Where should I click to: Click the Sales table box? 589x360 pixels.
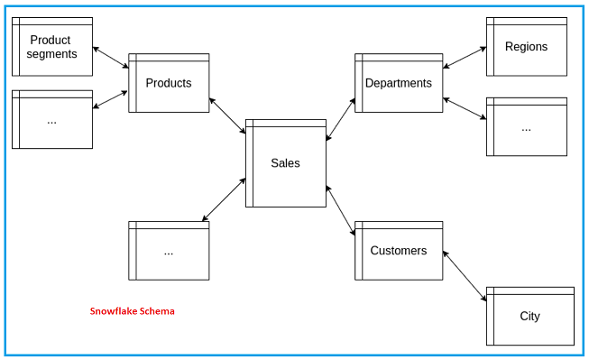tap(286, 163)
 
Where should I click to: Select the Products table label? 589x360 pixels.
tap(169, 83)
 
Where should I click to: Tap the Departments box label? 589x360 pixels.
tap(398, 83)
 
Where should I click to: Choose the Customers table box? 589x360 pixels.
tap(398, 251)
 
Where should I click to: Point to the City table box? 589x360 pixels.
tap(529, 316)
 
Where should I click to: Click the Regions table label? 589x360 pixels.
tap(526, 47)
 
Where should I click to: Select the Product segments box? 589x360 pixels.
tap(51, 47)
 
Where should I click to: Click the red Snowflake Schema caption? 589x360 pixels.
tap(132, 311)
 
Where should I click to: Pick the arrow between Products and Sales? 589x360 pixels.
tap(227, 115)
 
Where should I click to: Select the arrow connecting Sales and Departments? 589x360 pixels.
tap(341, 119)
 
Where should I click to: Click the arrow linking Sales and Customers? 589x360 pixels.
tap(341, 212)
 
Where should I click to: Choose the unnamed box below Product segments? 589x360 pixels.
tap(51, 119)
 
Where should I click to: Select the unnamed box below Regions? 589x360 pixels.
tap(526, 127)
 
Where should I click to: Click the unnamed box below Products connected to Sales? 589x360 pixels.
tap(169, 251)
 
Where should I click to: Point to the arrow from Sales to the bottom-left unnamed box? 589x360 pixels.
tap(224, 199)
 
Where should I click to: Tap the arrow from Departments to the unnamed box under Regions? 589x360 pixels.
tap(465, 108)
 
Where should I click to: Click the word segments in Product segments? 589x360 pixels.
tap(51, 54)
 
